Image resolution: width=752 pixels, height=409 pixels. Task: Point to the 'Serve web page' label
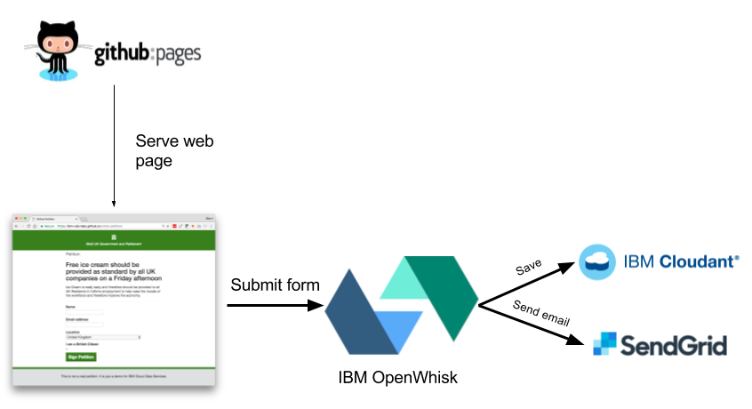click(x=174, y=152)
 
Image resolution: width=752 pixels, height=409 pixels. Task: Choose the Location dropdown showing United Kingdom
click(x=103, y=337)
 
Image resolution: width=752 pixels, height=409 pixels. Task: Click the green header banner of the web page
click(x=114, y=240)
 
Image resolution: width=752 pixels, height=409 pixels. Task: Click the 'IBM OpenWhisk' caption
click(x=397, y=378)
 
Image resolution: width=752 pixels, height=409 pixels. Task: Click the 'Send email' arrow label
click(x=540, y=314)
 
